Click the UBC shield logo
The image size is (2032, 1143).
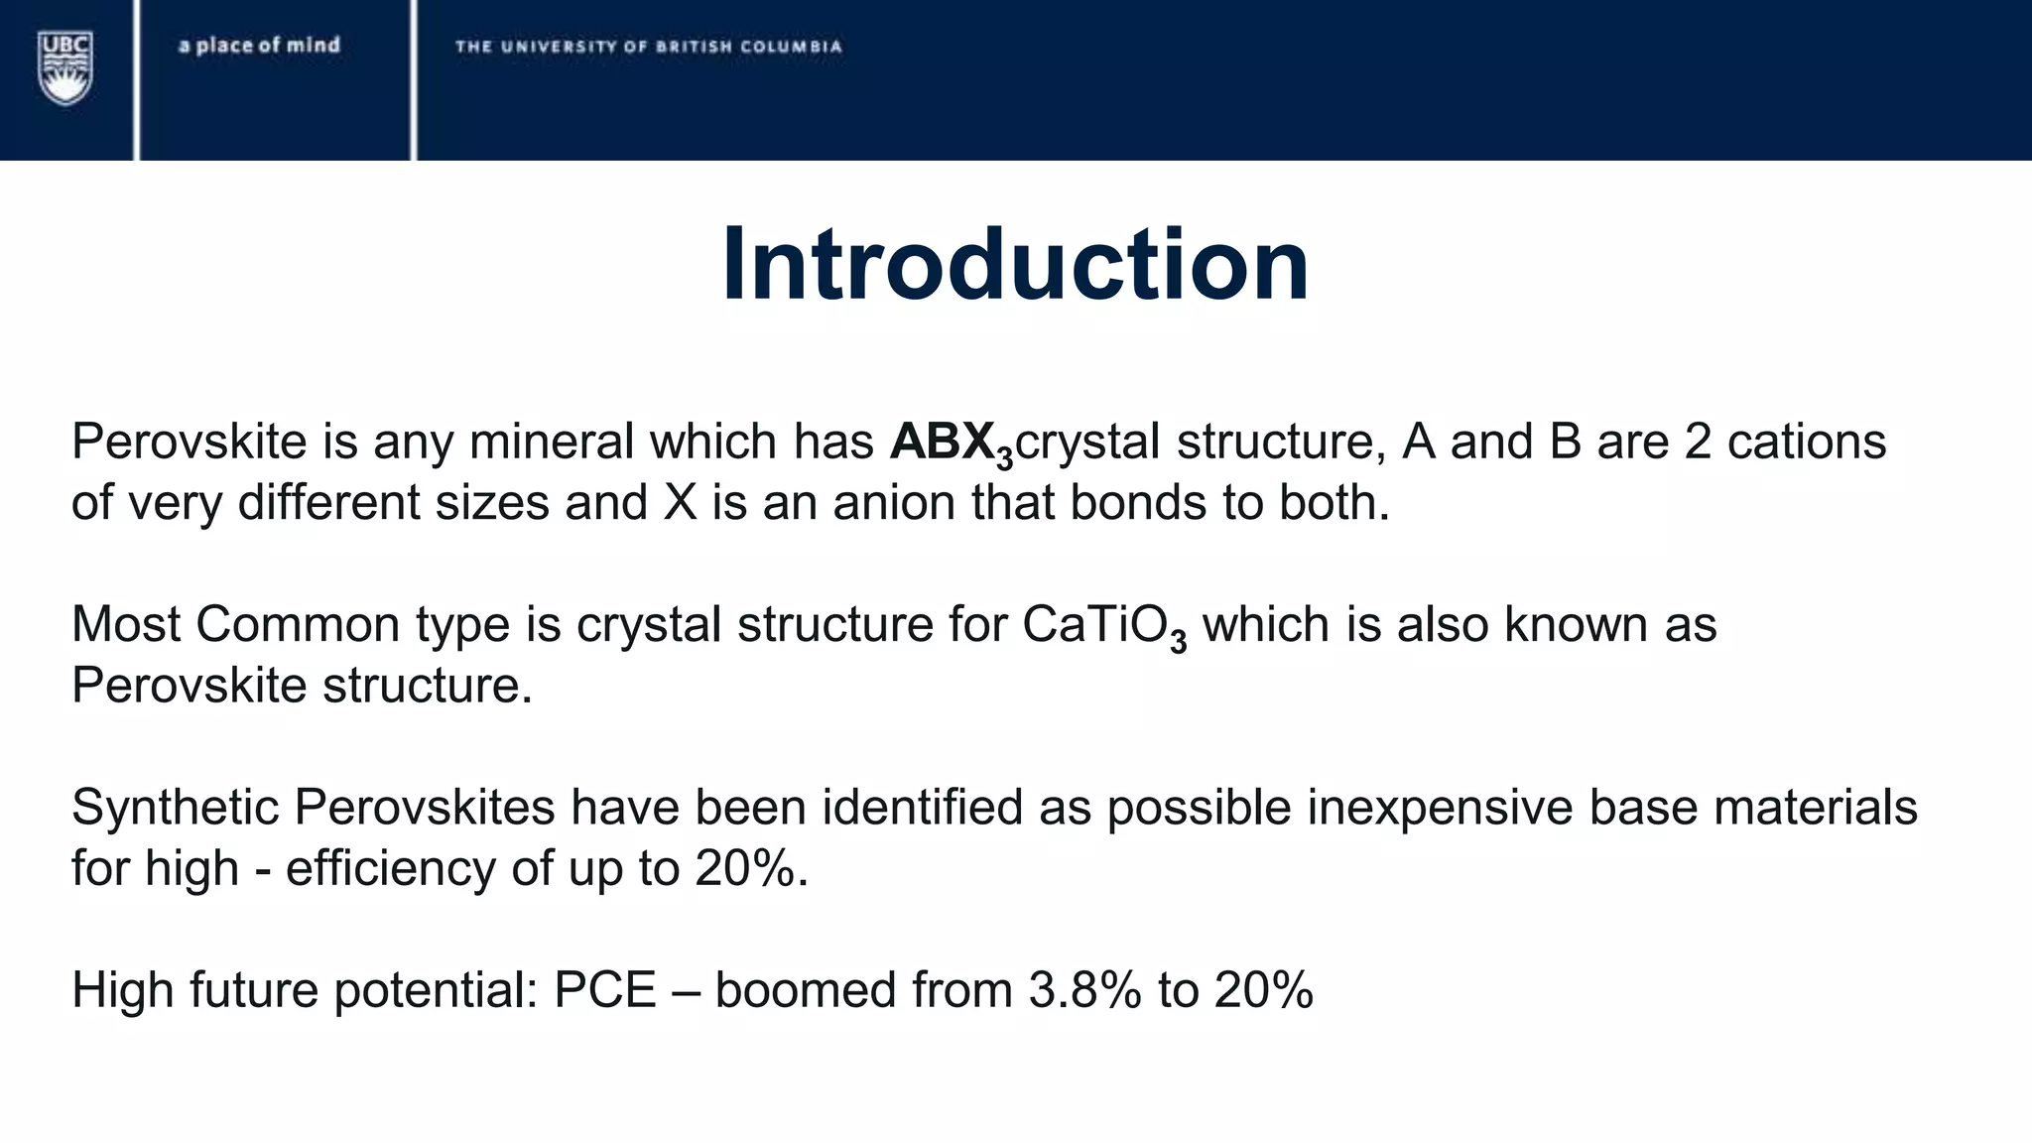click(65, 66)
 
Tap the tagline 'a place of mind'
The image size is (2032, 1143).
click(259, 45)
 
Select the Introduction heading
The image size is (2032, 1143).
click(1015, 265)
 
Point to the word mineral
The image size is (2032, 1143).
click(551, 442)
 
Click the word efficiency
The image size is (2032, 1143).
click(390, 868)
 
